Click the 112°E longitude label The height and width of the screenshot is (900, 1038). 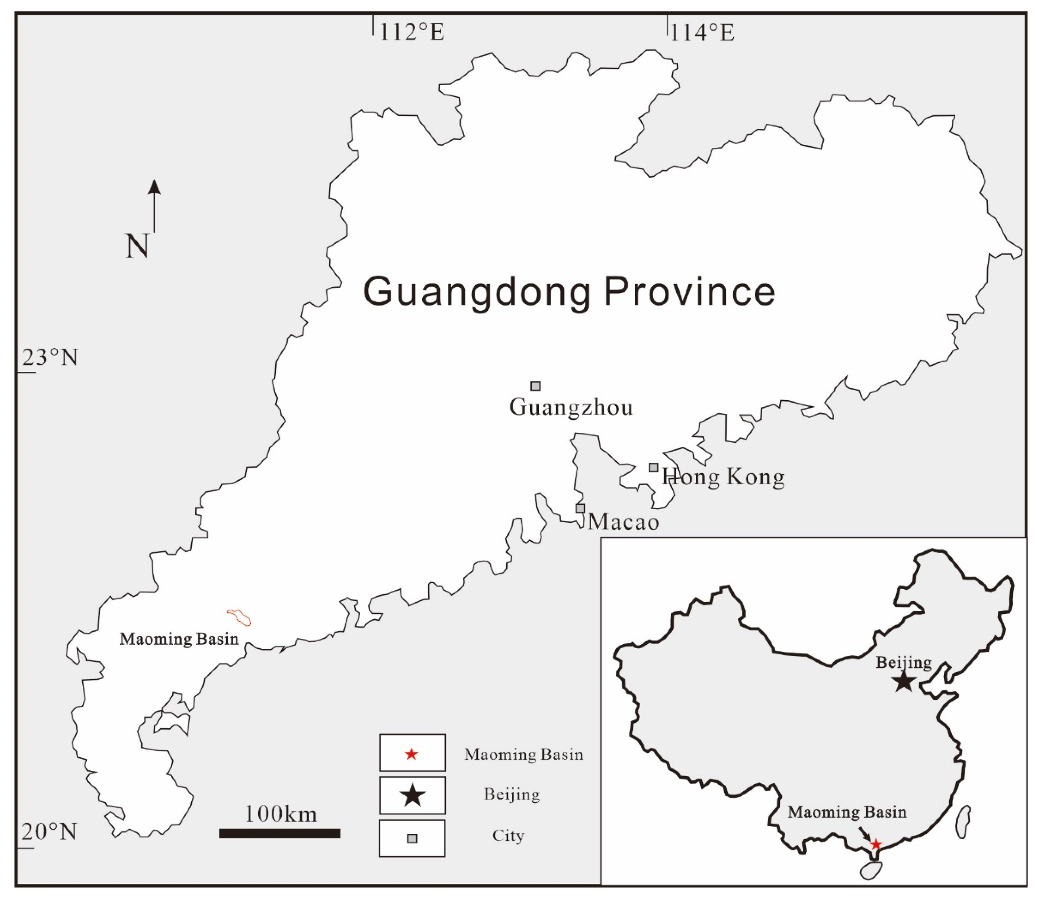click(x=411, y=33)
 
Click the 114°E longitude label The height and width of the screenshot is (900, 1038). click(x=701, y=33)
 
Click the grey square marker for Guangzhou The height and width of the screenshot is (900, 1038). click(x=536, y=386)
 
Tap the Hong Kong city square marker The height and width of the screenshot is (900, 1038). click(x=653, y=468)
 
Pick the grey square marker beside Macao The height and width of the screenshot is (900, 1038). click(x=580, y=508)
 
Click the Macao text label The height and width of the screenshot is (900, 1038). click(x=623, y=522)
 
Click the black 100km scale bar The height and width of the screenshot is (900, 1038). click(x=280, y=833)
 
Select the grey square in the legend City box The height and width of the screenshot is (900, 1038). click(x=412, y=838)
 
